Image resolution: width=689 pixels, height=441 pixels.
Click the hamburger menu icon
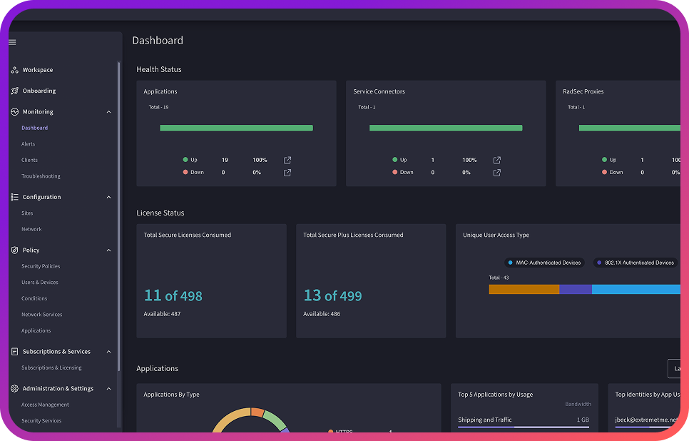[x=12, y=42]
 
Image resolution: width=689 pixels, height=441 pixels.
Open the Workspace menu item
[x=37, y=70]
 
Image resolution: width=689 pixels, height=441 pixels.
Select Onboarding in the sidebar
[x=39, y=91]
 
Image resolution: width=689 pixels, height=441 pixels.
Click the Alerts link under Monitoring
[x=28, y=144]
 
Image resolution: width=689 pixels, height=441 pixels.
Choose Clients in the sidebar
[x=29, y=160]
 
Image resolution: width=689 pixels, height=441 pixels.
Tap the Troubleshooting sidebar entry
[x=41, y=176]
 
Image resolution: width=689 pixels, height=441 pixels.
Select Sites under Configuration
[x=27, y=213]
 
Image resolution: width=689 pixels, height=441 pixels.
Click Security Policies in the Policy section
[x=41, y=266]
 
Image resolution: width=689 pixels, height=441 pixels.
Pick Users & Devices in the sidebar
[x=40, y=283]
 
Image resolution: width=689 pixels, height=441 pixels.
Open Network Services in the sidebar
[x=41, y=315]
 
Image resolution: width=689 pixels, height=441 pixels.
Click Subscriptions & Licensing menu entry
[x=51, y=368]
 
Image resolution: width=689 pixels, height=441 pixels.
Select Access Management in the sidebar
[x=45, y=405]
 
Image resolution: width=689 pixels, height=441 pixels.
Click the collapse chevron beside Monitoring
[x=108, y=112]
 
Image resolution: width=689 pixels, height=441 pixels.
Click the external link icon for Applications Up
[x=287, y=160]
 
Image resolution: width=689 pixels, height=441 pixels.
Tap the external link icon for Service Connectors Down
[x=497, y=173]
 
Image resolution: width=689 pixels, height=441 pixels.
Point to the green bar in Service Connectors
[x=446, y=128]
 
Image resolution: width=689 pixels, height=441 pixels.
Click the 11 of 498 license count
[x=173, y=295]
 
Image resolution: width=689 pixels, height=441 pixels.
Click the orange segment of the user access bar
[x=524, y=289]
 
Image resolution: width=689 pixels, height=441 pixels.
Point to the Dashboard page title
[x=158, y=41]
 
